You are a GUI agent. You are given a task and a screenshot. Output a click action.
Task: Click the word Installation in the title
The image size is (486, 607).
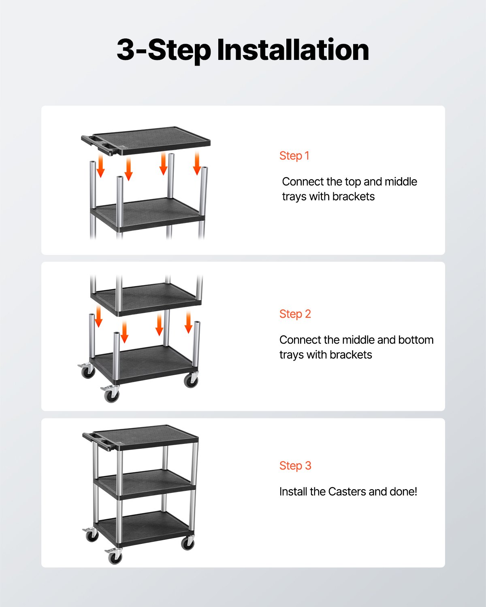point(292,50)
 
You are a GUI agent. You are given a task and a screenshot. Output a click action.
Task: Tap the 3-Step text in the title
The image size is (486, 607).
point(164,50)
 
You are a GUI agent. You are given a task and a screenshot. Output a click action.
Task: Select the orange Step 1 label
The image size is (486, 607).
point(294,156)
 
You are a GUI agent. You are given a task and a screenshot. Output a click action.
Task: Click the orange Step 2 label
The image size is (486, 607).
point(295,314)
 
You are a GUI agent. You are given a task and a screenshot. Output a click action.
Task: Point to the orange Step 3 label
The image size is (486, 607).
point(295,466)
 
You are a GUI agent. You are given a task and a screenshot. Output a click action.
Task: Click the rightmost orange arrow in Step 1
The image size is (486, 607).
point(197,163)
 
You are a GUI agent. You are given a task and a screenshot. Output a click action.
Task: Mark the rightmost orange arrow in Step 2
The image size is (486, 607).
point(188,323)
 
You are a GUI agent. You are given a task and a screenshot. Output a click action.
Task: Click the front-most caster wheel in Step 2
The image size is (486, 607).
point(111,396)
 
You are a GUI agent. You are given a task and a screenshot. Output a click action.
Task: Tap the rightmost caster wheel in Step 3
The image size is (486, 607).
point(188,543)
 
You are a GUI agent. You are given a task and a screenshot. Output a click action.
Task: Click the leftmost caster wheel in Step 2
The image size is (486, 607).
point(87,372)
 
